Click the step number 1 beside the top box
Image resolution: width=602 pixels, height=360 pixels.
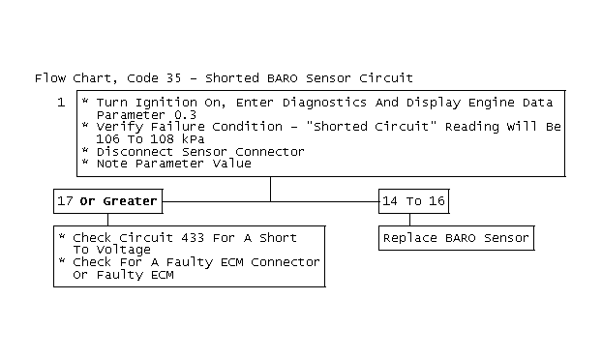61,103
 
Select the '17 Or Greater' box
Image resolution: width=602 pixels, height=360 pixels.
107,201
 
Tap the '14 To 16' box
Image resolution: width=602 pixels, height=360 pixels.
413,201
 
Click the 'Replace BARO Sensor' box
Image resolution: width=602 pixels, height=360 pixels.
456,238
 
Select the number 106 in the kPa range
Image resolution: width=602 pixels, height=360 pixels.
107,139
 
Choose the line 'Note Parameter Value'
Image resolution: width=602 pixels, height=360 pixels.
174,165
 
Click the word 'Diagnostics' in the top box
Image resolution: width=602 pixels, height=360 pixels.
315,102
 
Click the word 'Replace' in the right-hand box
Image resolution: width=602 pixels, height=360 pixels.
409,238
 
